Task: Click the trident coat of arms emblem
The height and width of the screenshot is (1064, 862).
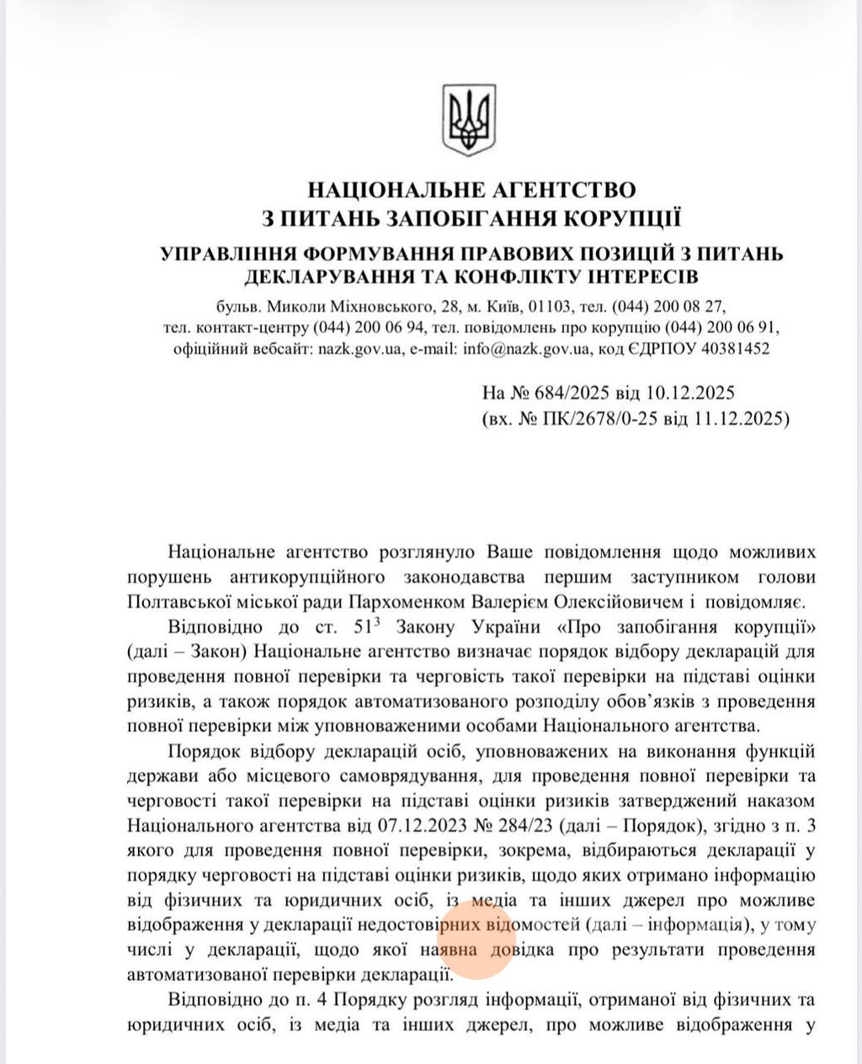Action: [468, 120]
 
